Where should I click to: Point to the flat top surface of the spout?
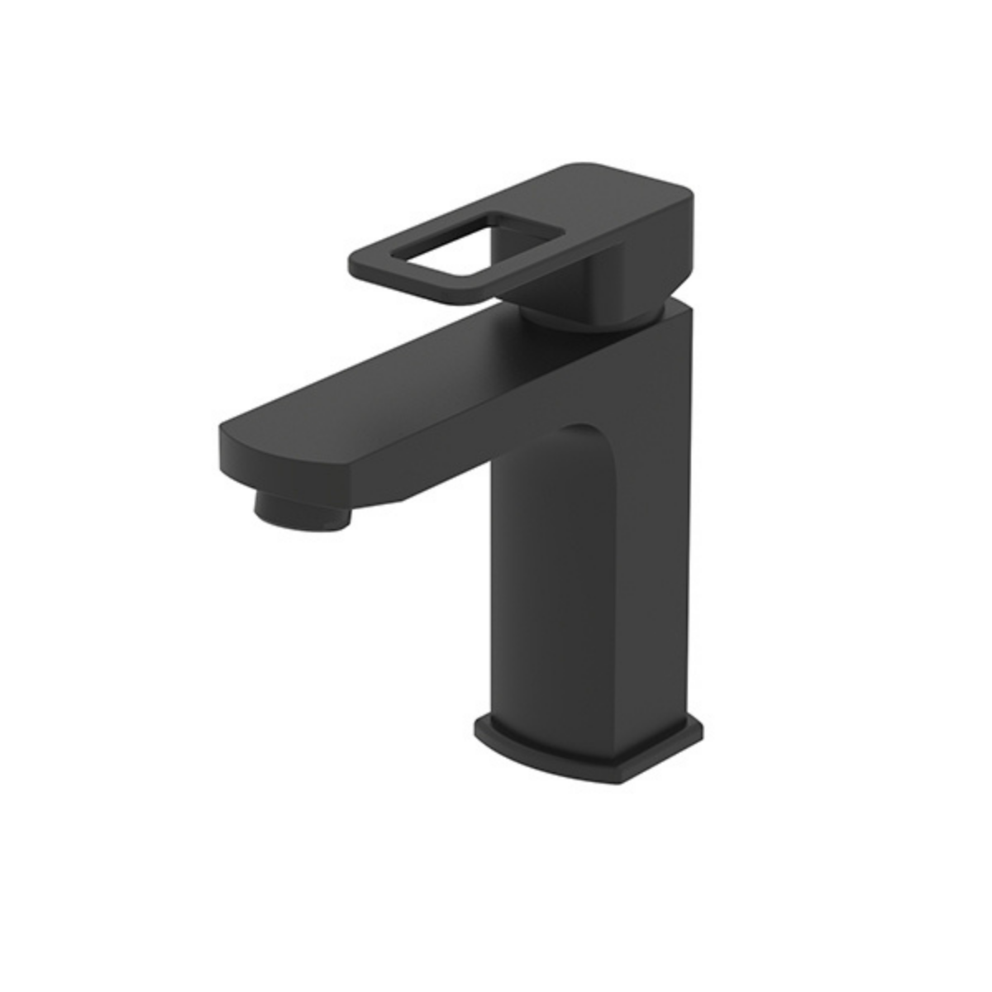click(413, 380)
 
